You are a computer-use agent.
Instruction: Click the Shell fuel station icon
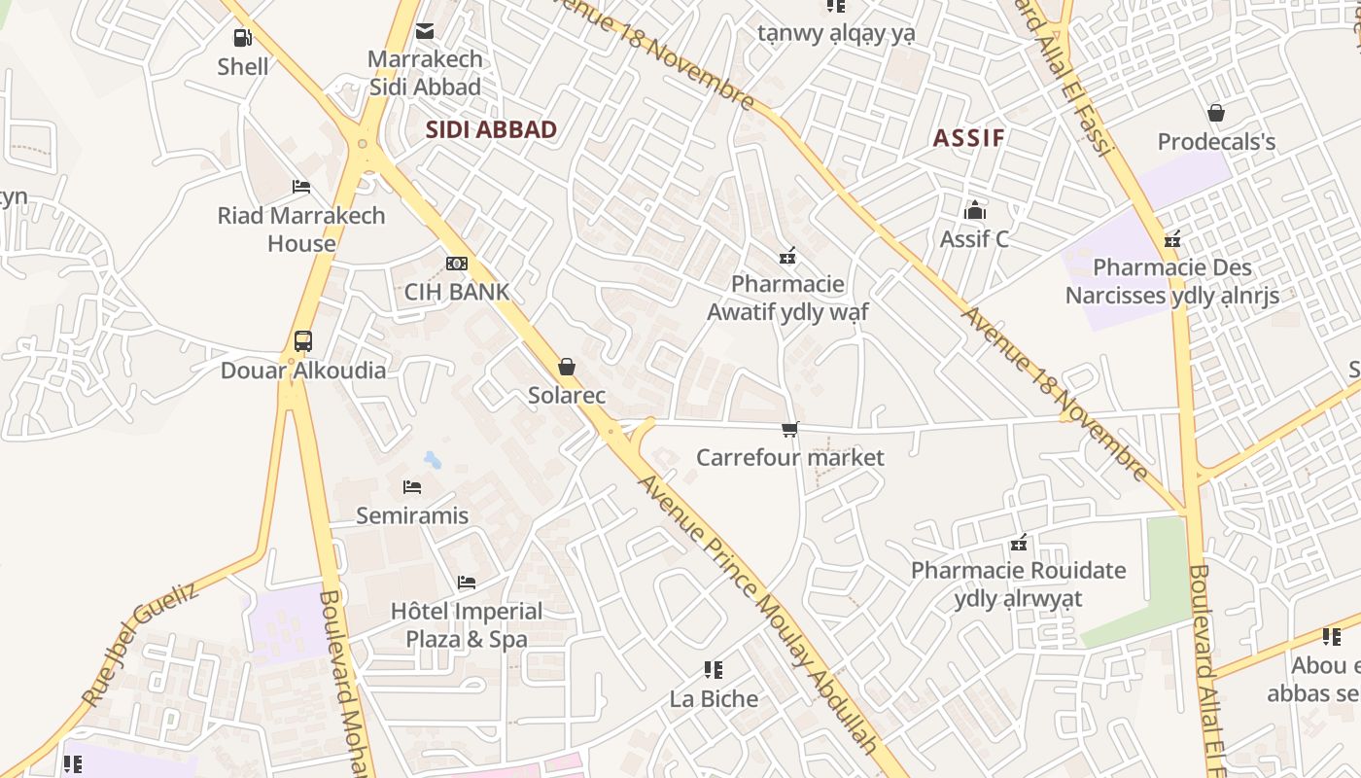[242, 38]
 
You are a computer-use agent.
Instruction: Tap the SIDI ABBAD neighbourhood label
[491, 129]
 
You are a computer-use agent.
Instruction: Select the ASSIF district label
[968, 137]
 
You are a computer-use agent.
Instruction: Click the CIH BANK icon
[456, 263]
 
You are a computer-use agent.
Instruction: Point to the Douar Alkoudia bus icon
[303, 341]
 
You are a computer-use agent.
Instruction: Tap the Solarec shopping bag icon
[567, 367]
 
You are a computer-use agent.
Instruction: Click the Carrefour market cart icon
[790, 429]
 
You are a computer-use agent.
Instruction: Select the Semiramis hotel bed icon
[412, 486]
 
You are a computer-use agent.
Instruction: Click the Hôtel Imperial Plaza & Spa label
[467, 624]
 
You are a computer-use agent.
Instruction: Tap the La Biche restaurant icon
[714, 669]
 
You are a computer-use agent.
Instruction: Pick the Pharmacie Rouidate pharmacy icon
[1019, 543]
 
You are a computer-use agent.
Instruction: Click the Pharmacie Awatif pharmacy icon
[787, 256]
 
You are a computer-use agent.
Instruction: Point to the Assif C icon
[974, 210]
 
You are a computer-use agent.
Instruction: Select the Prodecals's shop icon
[1215, 113]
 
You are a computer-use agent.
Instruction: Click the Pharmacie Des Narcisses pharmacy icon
[1172, 239]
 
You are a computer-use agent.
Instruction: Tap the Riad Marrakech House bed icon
[301, 186]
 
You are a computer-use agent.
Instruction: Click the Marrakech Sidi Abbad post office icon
[425, 31]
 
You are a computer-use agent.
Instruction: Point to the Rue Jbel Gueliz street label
[140, 644]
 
